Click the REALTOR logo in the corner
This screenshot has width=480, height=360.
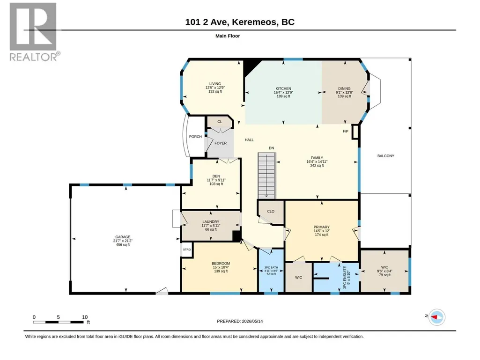pyautogui.click(x=33, y=32)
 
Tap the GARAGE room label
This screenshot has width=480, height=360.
pyautogui.click(x=123, y=237)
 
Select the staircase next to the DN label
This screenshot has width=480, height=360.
pyautogui.click(x=266, y=176)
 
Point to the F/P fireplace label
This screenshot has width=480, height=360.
pyautogui.click(x=345, y=132)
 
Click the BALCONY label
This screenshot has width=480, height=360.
pyautogui.click(x=386, y=156)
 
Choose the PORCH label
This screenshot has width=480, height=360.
pyautogui.click(x=195, y=137)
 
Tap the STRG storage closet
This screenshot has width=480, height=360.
pyautogui.click(x=187, y=250)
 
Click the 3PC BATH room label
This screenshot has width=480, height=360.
pyautogui.click(x=271, y=267)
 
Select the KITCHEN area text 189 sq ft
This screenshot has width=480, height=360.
pyautogui.click(x=283, y=96)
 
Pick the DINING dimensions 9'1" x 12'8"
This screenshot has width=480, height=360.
pyautogui.click(x=344, y=92)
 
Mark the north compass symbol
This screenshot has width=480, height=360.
pyautogui.click(x=436, y=317)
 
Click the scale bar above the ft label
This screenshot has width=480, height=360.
pyautogui.click(x=58, y=322)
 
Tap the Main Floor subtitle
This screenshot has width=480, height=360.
pyautogui.click(x=228, y=36)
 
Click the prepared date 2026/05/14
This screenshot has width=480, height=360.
pyautogui.click(x=252, y=321)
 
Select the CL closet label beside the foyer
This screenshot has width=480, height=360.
pyautogui.click(x=220, y=122)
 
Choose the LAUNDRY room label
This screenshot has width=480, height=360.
pyautogui.click(x=211, y=221)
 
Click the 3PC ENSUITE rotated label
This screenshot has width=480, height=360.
pyautogui.click(x=345, y=278)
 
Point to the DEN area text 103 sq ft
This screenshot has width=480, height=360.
pyautogui.click(x=216, y=184)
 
